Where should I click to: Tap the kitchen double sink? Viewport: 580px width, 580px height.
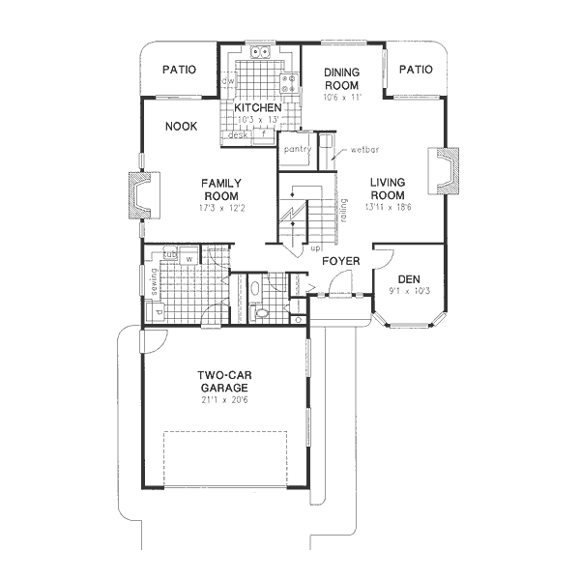[260, 52]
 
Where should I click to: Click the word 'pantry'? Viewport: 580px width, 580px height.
[296, 150]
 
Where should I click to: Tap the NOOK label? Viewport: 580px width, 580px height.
[182, 127]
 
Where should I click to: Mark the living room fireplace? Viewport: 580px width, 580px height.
[445, 173]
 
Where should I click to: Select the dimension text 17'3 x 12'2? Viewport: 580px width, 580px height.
[221, 208]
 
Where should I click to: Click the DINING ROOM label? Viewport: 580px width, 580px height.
[342, 78]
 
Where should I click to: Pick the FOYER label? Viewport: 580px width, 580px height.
[341, 260]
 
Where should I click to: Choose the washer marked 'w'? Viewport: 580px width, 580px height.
[189, 258]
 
